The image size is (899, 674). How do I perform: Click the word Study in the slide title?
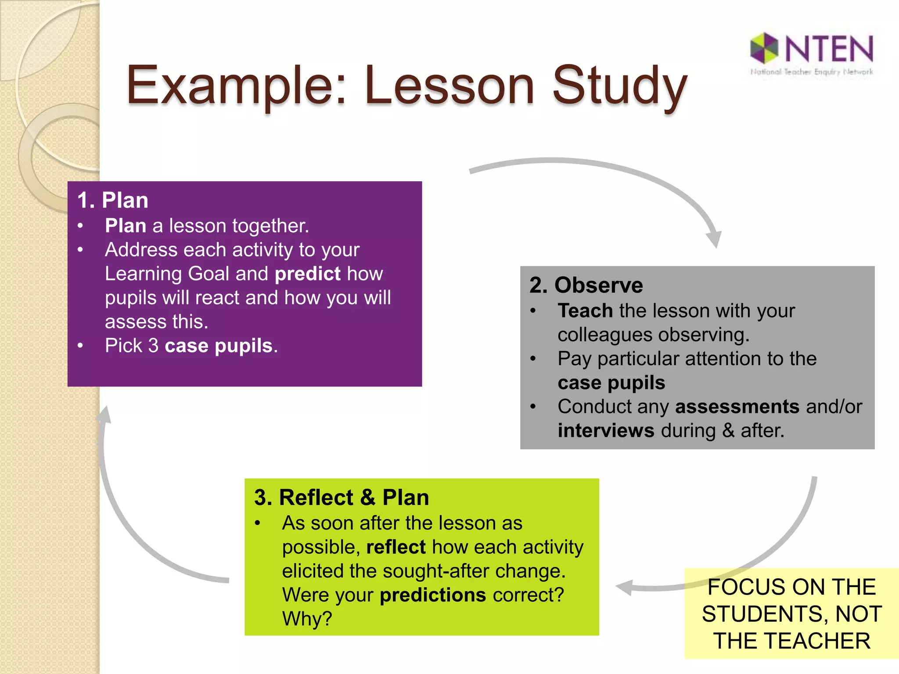[x=619, y=86]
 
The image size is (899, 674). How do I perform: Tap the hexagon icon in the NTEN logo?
[x=764, y=47]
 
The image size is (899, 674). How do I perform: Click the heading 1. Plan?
[x=113, y=201]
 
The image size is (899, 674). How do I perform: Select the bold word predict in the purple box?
[x=307, y=274]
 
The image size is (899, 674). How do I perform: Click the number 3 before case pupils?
[x=153, y=346]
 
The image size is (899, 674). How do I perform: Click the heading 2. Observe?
[x=586, y=285]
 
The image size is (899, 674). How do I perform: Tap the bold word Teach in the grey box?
[x=585, y=311]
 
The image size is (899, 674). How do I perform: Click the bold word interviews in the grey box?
[x=606, y=430]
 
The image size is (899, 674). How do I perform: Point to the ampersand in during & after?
[x=728, y=430]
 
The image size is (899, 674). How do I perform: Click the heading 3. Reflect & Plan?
[x=342, y=498]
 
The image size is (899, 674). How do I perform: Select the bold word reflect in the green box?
[x=396, y=547]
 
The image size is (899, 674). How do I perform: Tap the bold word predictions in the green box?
[x=432, y=595]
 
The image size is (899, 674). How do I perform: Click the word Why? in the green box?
[x=307, y=619]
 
